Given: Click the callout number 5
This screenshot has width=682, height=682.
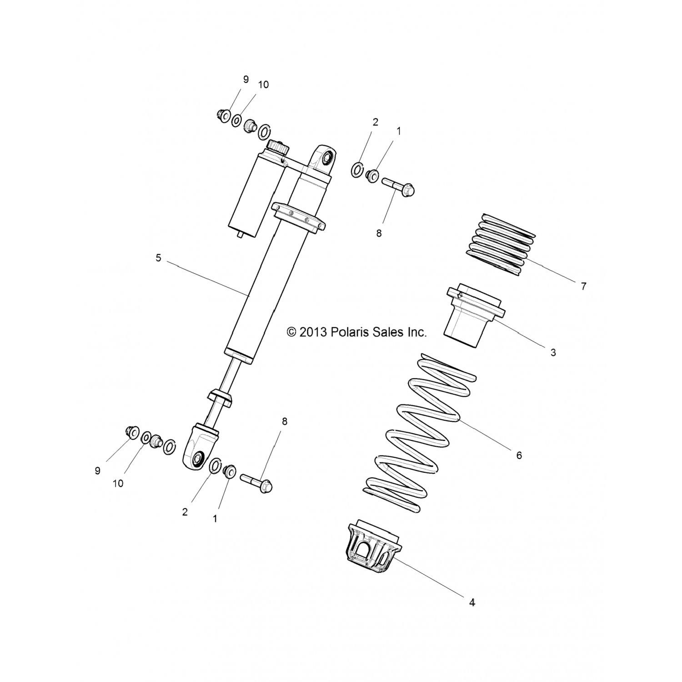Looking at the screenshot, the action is [158, 258].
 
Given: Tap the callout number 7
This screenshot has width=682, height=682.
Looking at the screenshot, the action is [584, 286].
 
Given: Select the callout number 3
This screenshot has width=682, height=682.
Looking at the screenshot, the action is [553, 352].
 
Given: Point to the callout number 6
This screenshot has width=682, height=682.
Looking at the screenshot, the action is [519, 455].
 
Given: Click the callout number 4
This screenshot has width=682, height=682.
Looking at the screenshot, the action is [472, 602].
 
